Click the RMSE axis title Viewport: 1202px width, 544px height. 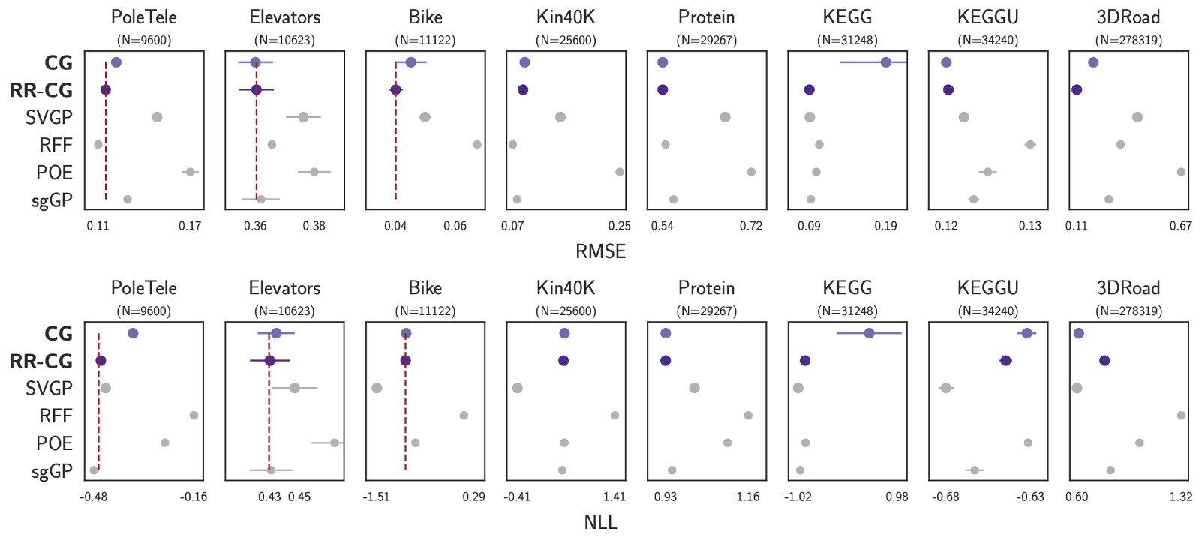600,251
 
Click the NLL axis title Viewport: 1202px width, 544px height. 600,522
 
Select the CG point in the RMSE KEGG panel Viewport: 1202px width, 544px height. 886,62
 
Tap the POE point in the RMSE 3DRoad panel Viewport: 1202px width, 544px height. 1181,172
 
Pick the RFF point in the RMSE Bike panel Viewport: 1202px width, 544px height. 477,144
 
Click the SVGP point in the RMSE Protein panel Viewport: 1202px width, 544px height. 725,117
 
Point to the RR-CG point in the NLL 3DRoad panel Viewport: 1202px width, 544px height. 1104,361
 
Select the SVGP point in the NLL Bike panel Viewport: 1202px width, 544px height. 377,388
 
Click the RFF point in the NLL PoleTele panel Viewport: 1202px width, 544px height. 194,416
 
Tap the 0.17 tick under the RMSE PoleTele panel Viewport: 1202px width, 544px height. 190,226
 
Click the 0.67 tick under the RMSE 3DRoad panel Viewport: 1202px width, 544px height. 1181,226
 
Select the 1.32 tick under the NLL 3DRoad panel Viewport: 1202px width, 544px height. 1181,497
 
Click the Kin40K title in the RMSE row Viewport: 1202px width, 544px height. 566,17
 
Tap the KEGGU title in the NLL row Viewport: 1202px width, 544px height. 987,288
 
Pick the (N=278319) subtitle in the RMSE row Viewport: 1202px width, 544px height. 1128,40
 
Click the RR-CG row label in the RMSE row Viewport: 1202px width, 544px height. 41,90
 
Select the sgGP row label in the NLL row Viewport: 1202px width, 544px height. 52,471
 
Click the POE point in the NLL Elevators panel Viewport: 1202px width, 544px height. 335,443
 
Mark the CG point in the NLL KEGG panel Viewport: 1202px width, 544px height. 869,333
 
